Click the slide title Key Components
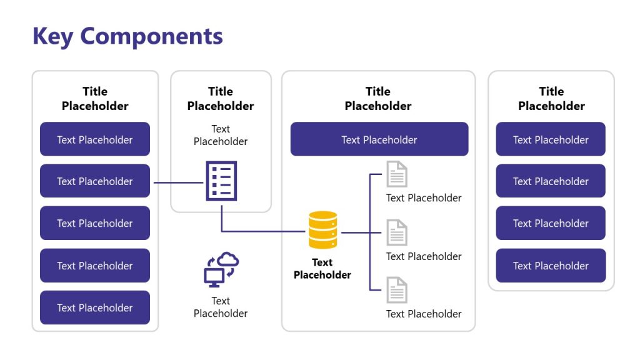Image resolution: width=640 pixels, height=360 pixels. (127, 36)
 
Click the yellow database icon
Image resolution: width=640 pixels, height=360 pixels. (323, 230)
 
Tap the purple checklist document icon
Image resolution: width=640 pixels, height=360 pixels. (221, 181)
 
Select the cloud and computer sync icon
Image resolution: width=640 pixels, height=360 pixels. (221, 269)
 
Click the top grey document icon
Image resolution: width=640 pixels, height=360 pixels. (396, 174)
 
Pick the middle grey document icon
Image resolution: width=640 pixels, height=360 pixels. (396, 232)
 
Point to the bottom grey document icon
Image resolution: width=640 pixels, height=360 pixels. (396, 290)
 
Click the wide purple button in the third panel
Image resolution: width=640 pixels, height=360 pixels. (379, 139)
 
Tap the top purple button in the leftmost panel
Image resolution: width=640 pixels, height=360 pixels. (95, 139)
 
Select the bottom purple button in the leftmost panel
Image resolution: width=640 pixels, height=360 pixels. (95, 307)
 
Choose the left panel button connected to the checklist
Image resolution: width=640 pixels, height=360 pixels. (95, 181)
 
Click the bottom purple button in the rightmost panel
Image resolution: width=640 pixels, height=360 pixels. (551, 266)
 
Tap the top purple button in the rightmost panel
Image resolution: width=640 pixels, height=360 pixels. (551, 139)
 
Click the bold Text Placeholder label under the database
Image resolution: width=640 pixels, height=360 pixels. (322, 269)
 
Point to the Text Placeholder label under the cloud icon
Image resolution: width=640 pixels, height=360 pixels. (221, 307)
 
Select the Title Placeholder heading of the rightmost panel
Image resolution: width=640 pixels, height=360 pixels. (551, 99)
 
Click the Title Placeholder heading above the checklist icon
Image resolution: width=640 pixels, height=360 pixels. (221, 99)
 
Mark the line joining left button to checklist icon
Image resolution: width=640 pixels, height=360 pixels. (177, 182)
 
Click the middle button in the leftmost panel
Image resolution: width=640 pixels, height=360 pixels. (95, 223)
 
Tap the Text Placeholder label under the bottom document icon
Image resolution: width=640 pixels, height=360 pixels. (424, 314)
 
